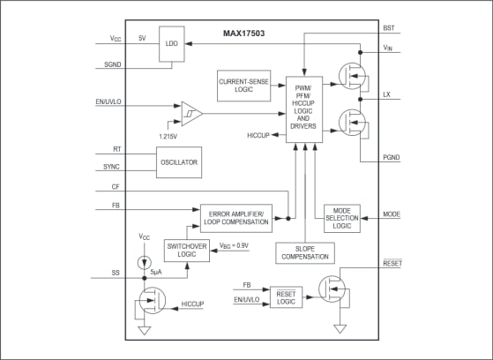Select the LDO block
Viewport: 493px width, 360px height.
170,45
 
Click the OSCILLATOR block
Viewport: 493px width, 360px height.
179,162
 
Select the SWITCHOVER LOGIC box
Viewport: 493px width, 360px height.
187,250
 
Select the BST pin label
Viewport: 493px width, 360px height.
389,28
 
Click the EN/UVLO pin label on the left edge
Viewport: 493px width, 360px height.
110,102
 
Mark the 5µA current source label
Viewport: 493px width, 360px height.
157,273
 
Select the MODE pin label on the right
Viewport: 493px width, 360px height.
392,214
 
